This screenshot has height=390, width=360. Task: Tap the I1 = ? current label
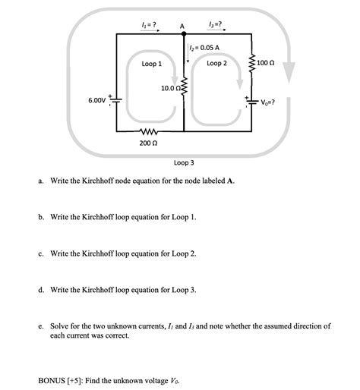click(150, 24)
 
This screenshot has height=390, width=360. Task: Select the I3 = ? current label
click(216, 24)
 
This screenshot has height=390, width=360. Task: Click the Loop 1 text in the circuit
click(151, 64)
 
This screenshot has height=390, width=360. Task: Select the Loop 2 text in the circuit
click(216, 64)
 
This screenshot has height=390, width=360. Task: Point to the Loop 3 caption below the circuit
click(184, 162)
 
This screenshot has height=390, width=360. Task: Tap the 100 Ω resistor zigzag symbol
click(251, 64)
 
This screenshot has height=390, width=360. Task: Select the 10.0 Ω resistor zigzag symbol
click(182, 92)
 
